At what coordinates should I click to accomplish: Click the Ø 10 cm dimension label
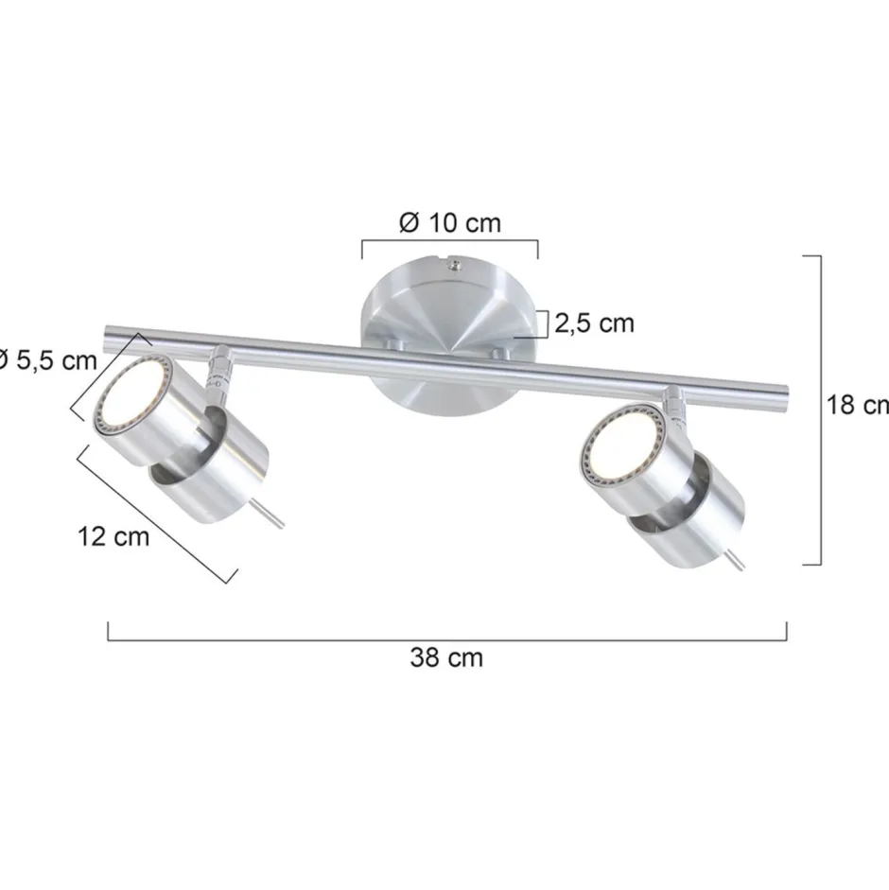[449, 223]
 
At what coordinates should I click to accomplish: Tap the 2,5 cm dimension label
[594, 323]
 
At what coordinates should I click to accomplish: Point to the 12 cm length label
[113, 536]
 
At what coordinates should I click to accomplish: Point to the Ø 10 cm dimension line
[449, 242]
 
